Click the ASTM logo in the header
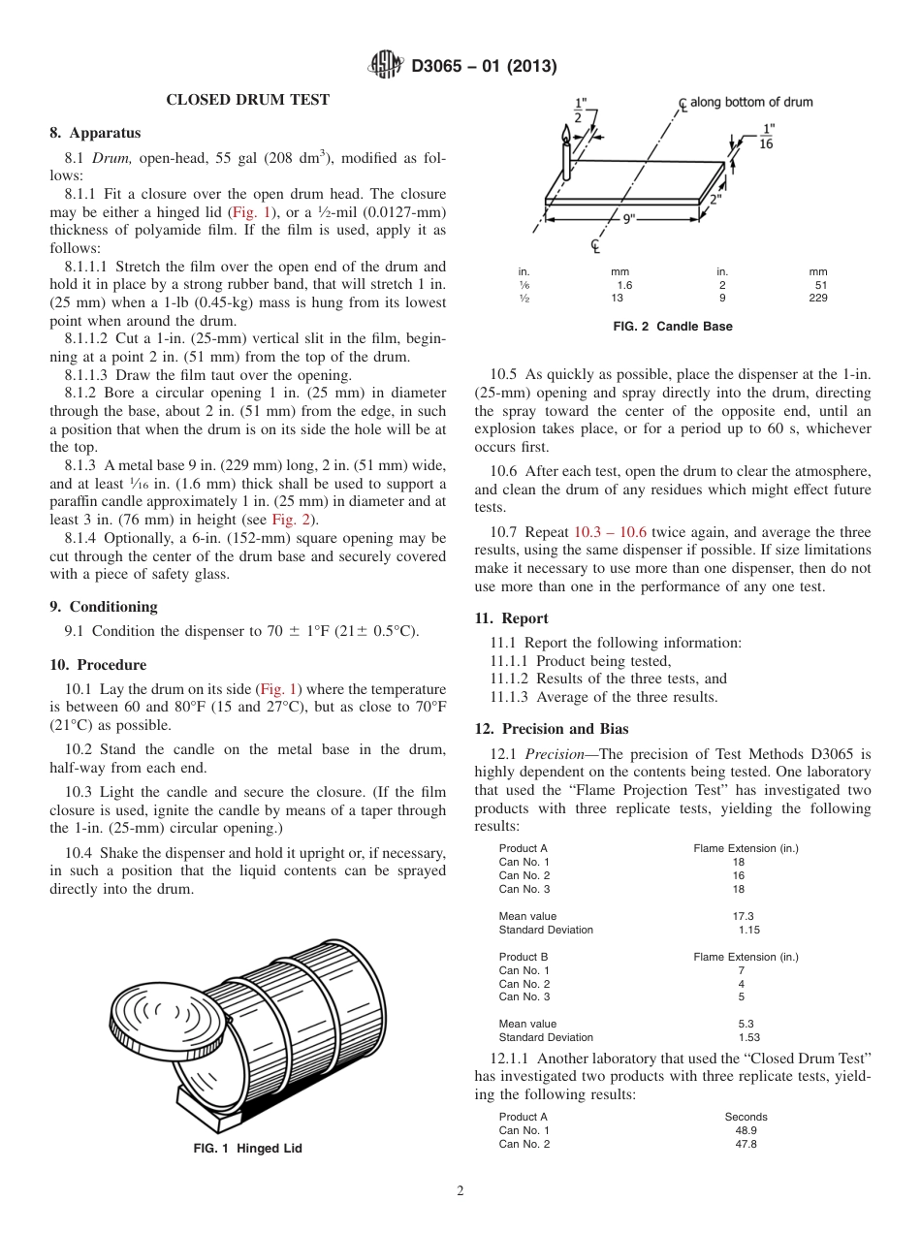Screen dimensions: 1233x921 388,66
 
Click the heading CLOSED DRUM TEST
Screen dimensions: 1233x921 247,100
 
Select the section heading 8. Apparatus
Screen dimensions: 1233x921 95,133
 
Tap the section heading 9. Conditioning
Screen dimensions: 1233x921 103,606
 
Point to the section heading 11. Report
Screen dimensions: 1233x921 511,618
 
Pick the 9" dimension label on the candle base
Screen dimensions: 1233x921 628,218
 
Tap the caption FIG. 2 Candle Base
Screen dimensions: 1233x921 673,327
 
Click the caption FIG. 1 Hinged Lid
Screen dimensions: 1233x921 248,1149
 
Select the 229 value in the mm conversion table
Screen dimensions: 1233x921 817,299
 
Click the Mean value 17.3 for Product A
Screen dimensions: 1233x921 743,916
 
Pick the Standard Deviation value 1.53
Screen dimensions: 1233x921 748,1037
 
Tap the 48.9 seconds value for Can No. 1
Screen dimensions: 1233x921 746,1130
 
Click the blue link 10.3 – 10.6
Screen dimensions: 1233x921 610,532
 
